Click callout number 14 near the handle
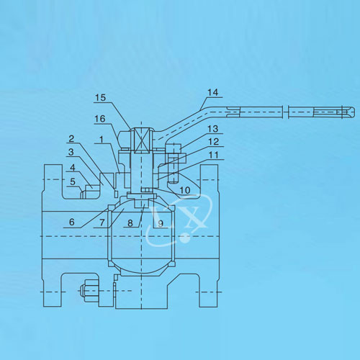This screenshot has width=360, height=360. (213, 92)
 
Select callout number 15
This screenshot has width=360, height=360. (100, 98)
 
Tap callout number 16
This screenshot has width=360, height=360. (100, 119)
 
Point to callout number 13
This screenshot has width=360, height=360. (213, 129)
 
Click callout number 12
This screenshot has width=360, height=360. (214, 142)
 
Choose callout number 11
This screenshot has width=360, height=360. (214, 155)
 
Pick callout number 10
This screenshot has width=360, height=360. (185, 190)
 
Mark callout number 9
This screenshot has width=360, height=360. (161, 224)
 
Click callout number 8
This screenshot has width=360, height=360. (130, 223)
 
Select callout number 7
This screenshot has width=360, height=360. (102, 222)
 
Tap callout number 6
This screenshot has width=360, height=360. (72, 222)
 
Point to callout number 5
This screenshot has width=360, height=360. (73, 181)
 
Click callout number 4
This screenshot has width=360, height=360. (73, 167)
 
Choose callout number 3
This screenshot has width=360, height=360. (71, 152)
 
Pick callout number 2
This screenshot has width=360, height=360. (71, 138)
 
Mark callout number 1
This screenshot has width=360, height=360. (102, 140)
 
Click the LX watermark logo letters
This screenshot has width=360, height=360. (179, 216)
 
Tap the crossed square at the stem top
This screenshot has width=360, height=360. (142, 140)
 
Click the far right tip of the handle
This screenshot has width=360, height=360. (354, 112)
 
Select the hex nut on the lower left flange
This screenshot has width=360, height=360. (89, 291)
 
